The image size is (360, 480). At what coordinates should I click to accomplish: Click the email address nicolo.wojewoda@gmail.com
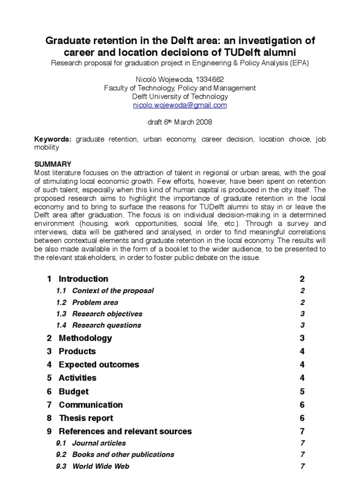point(180,105)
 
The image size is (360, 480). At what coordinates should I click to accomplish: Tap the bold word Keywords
point(53,139)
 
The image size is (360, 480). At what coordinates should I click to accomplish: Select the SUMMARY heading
point(53,164)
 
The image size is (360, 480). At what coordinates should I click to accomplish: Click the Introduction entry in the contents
point(83,279)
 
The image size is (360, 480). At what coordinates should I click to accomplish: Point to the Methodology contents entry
point(85,338)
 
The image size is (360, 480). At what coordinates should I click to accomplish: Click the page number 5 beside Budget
point(302,391)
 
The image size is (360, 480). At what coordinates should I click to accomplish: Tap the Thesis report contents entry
point(86,418)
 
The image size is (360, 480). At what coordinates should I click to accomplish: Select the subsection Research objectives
point(107,314)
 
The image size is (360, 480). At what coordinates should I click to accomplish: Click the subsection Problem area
point(95,302)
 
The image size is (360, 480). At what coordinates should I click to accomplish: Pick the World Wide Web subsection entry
point(101,466)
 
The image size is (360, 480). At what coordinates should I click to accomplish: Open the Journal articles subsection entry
point(99,443)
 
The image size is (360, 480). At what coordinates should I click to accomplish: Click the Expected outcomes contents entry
point(98,365)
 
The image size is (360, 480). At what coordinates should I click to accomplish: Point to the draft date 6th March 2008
point(180,122)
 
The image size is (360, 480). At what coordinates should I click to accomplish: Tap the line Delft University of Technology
point(180,97)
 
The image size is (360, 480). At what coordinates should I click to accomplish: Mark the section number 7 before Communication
point(49,405)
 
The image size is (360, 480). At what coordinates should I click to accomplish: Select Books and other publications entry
point(123,454)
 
